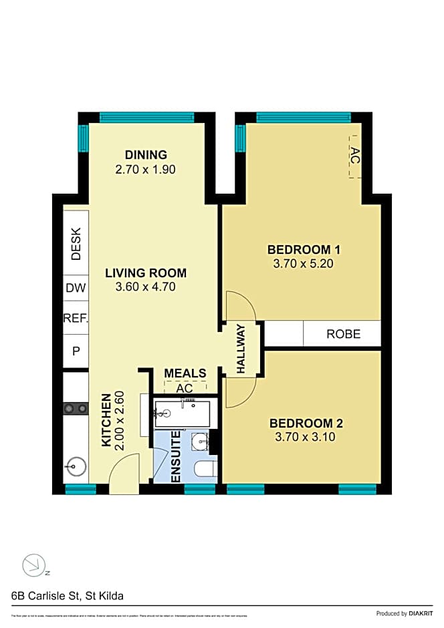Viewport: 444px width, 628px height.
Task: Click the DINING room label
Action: pos(145,155)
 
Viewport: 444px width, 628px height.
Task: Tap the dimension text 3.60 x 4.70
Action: pos(145,287)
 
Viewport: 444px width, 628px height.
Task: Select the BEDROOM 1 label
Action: pos(304,250)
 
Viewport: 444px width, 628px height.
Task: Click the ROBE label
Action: pos(343,334)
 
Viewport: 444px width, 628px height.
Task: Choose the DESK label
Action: pos(76,245)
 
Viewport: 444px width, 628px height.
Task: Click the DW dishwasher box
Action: pos(76,289)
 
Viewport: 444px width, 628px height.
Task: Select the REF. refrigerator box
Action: pos(76,319)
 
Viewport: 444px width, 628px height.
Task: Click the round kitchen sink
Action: pos(76,466)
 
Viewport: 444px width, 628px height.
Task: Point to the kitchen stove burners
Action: pos(76,408)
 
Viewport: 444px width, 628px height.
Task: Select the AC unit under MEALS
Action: pos(185,387)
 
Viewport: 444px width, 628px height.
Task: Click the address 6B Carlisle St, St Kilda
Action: pos(67,595)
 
